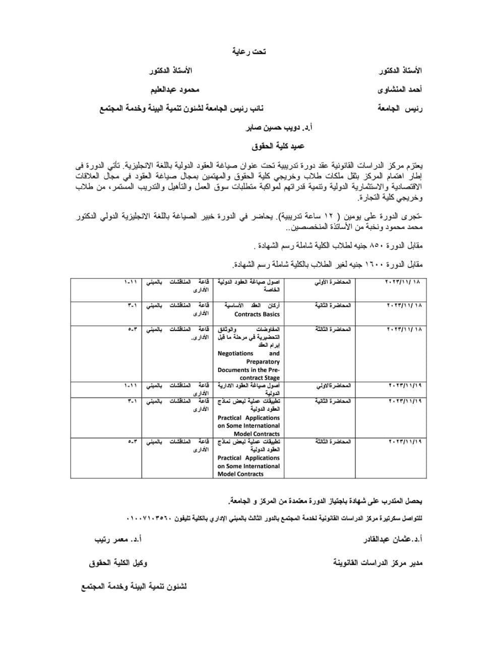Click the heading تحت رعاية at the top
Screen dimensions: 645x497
click(249, 51)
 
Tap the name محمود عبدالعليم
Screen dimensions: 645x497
click(175, 89)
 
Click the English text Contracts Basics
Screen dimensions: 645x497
click(257, 314)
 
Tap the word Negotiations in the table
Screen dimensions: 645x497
click(235, 354)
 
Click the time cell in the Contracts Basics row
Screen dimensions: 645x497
click(133, 305)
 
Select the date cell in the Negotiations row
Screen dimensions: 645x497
click(404, 329)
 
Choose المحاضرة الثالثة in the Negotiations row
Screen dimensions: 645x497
click(333, 329)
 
